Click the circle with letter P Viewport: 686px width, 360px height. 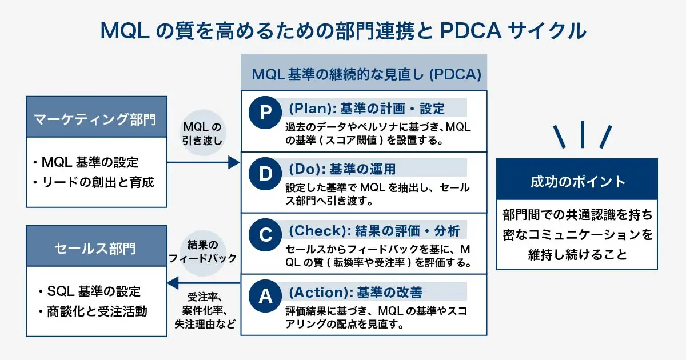pyautogui.click(x=265, y=113)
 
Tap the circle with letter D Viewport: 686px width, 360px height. pyautogui.click(x=265, y=174)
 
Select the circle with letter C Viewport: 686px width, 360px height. pyautogui.click(x=265, y=235)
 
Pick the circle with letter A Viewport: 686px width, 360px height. pyautogui.click(x=265, y=296)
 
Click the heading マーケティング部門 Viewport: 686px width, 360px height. pyautogui.click(x=95, y=119)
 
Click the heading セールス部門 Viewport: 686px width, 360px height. pyautogui.click(x=95, y=248)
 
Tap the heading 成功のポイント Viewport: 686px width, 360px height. pyautogui.click(x=577, y=182)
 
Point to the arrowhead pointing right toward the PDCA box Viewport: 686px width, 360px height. pyautogui.click(x=234, y=162)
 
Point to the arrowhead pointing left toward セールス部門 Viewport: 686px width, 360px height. pyautogui.click(x=173, y=283)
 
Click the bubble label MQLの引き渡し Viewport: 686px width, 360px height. pyautogui.click(x=202, y=134)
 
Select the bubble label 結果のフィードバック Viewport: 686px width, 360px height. pyautogui.click(x=202, y=251)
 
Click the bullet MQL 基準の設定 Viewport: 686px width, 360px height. pyautogui.click(x=86, y=162)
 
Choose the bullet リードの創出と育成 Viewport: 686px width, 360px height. pyautogui.click(x=93, y=182)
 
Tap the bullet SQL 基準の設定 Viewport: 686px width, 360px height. pyautogui.click(x=90, y=291)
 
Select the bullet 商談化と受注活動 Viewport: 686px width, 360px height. pyautogui.click(x=93, y=311)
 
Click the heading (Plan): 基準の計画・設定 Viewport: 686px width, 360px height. pyautogui.click(x=366, y=109)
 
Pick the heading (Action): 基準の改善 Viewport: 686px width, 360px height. pyautogui.click(x=356, y=292)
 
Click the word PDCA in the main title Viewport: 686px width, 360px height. pyautogui.click(x=470, y=31)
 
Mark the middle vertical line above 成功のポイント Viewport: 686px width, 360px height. pyautogui.click(x=582, y=135)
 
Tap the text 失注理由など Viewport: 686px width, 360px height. pyautogui.click(x=205, y=324)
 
